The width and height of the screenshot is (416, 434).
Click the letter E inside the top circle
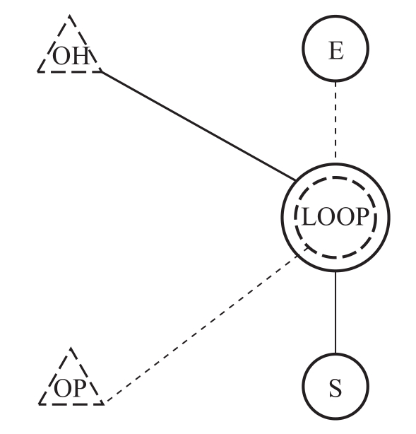point(336,50)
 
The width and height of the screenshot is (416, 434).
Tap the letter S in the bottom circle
point(335,389)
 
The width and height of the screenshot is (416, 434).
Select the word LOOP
point(335,217)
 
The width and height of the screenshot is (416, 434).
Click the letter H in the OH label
point(81,56)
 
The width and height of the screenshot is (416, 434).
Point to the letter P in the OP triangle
point(78,388)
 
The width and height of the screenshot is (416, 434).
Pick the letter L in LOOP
point(309,217)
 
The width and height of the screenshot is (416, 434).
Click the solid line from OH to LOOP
point(198,127)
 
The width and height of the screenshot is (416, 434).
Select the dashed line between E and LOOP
point(335,119)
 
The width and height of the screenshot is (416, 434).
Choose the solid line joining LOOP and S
point(335,312)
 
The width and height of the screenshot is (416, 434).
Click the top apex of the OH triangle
point(69,16)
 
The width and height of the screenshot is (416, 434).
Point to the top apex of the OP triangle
point(71,348)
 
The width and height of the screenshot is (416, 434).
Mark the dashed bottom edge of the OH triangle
point(70,71)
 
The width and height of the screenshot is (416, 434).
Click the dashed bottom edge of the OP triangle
point(71,404)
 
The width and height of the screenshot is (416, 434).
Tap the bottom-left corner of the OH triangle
point(37,71)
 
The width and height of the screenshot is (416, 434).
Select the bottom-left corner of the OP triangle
point(39,404)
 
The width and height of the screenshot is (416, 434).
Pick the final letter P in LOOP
point(362,217)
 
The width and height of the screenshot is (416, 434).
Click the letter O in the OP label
point(63,389)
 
